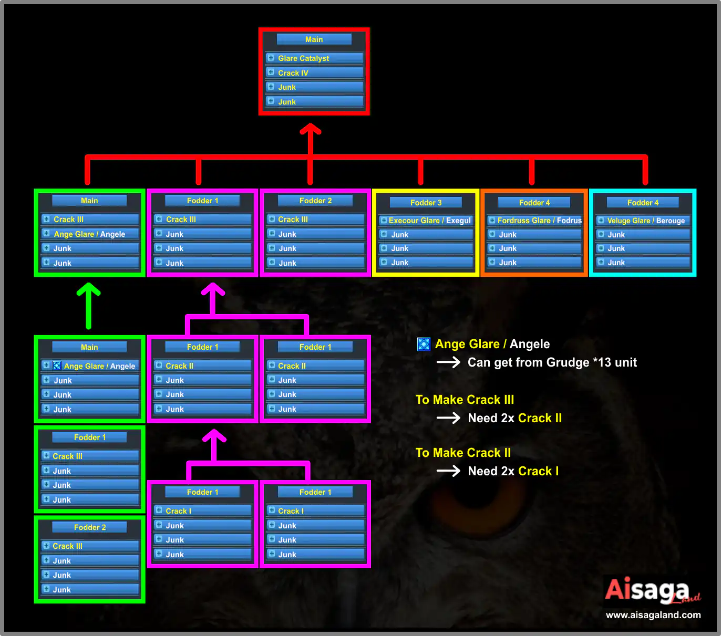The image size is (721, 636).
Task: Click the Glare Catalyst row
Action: coord(314,58)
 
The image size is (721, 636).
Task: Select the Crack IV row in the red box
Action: coord(314,72)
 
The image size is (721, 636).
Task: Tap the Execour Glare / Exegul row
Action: coord(426,221)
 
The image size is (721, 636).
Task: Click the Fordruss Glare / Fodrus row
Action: coord(534,221)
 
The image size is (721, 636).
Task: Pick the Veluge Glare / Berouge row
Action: coord(643,221)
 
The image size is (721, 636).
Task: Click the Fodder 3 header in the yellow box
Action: coord(426,202)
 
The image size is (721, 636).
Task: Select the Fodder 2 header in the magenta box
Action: coord(315,201)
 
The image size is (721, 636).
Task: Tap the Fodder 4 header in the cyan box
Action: coord(643,202)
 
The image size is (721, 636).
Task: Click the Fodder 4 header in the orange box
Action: coord(534,202)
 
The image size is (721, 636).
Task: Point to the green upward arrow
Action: coord(89,306)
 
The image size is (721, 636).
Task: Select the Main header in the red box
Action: coord(314,39)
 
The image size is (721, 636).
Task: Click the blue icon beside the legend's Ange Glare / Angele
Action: coord(424,344)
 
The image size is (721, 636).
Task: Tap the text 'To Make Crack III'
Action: coord(465,400)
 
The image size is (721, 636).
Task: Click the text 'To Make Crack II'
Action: coord(463,453)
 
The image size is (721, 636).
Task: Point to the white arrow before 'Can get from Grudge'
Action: coord(449,362)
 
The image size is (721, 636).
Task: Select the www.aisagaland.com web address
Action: coord(653,615)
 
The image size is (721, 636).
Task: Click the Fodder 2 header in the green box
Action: coord(90,527)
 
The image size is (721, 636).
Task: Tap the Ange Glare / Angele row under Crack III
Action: coord(90,234)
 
